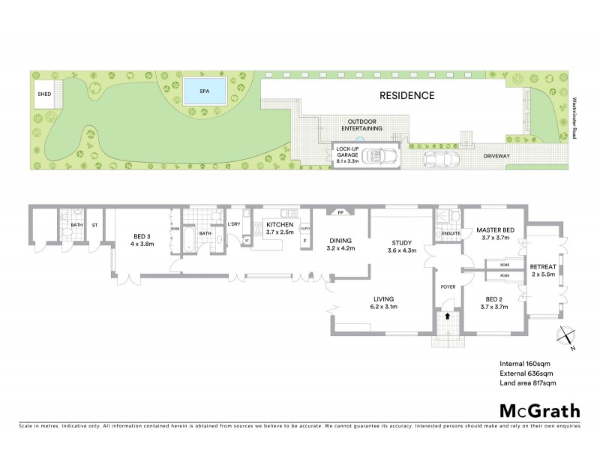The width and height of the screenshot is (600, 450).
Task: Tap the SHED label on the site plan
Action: point(44,94)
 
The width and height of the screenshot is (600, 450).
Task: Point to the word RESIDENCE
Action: point(406,96)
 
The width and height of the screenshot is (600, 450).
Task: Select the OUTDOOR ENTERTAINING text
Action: point(365,124)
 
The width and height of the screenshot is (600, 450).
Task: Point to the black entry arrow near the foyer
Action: point(447,316)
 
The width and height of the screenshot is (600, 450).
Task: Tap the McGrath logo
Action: point(539,410)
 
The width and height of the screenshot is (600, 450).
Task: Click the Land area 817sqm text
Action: point(528,383)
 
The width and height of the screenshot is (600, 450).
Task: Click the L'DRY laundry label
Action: point(233,224)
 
